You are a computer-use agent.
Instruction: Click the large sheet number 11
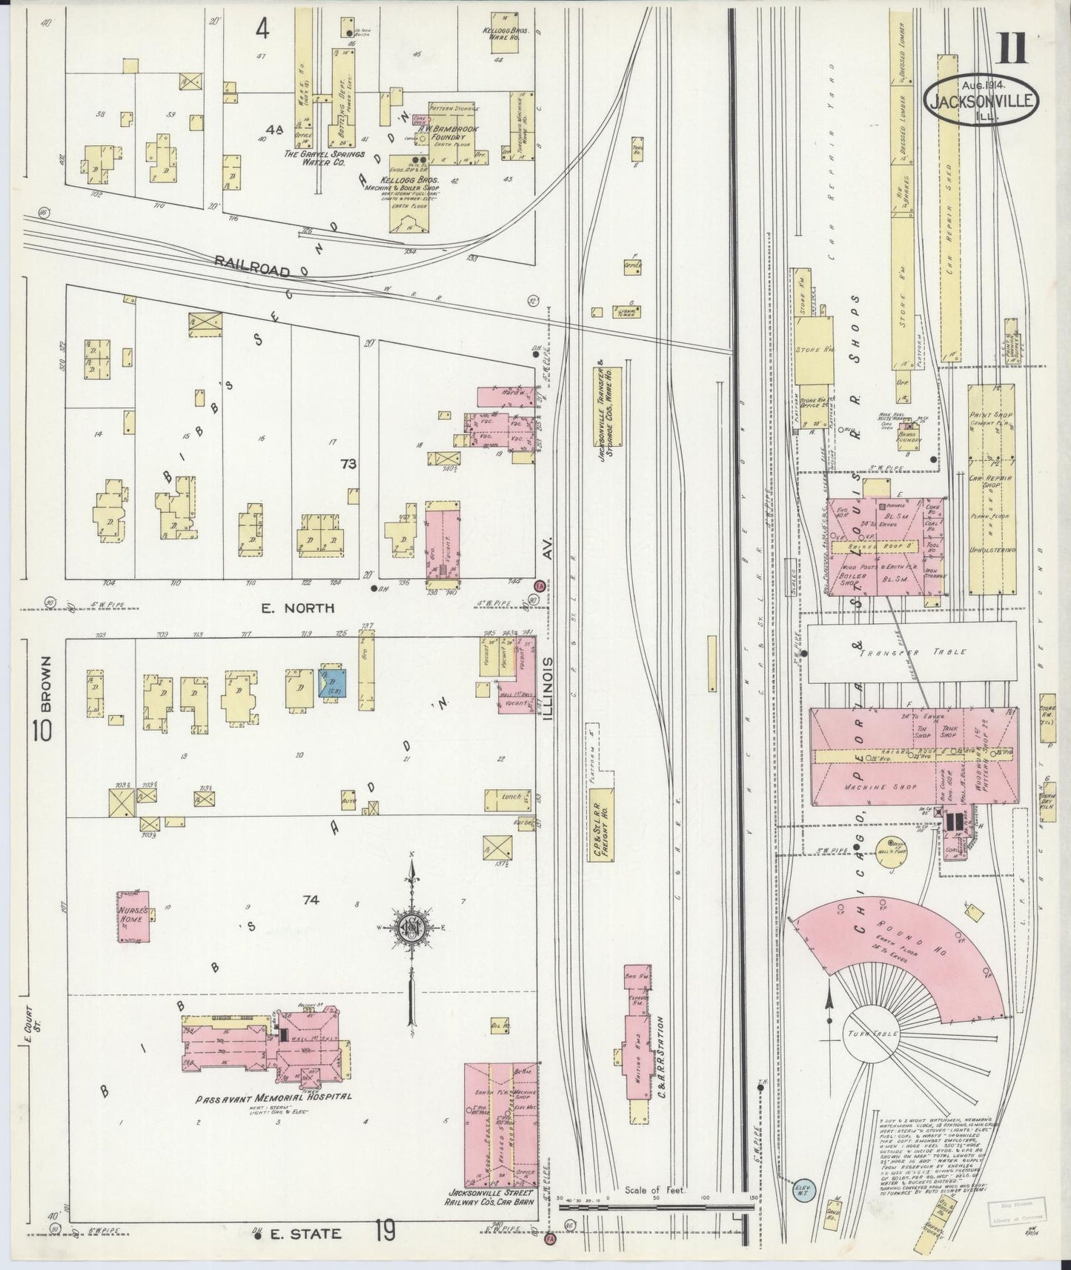click(x=1011, y=49)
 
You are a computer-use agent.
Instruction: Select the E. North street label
click(x=298, y=608)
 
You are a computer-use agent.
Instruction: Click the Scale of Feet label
click(x=654, y=1191)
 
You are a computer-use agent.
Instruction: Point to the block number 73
click(x=348, y=465)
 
